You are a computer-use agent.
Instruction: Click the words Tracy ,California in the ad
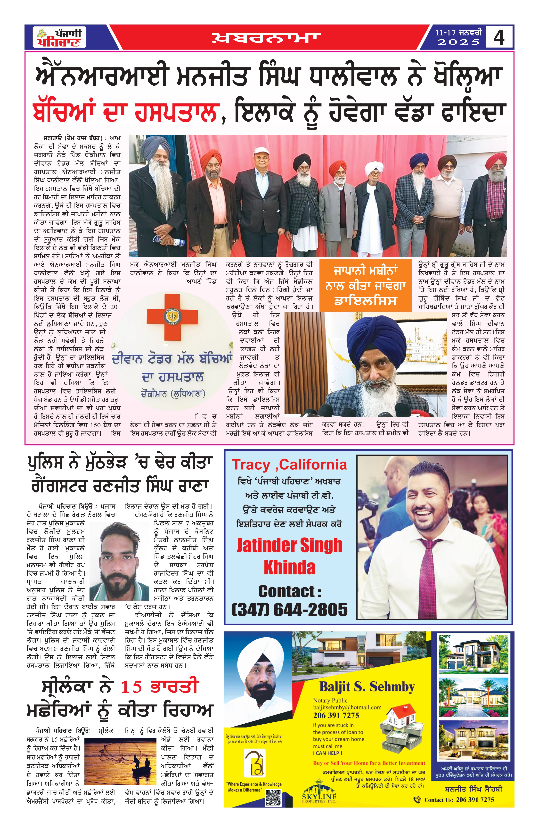289,465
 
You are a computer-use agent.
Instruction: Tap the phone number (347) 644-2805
289,609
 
